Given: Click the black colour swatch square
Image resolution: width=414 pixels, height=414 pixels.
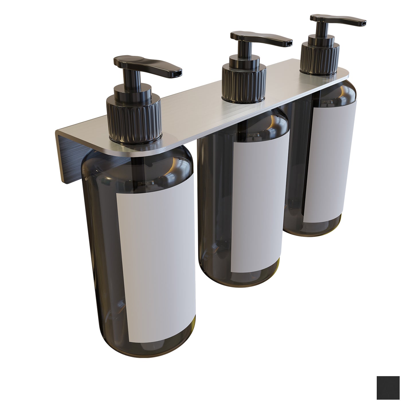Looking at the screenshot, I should (x=388, y=388).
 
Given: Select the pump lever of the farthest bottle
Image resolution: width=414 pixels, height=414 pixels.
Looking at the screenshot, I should (x=338, y=19).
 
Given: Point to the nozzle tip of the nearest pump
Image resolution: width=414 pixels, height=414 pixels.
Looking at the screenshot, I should (x=177, y=73).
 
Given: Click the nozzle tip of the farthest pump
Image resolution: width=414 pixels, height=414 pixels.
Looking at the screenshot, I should (x=362, y=22).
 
